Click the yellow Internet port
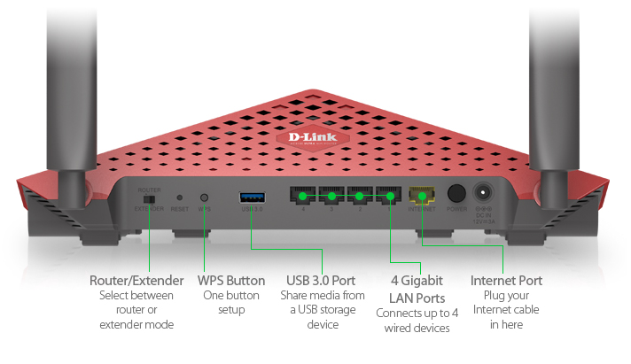(422, 195)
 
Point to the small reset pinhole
(180, 197)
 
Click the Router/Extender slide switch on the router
(149, 199)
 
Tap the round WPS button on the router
(205, 197)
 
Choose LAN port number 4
(303, 195)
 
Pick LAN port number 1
(387, 195)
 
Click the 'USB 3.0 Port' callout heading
(323, 281)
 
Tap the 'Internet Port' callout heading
(506, 281)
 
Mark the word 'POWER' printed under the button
(456, 210)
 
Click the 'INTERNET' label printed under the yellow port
(422, 210)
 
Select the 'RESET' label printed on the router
(180, 210)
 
